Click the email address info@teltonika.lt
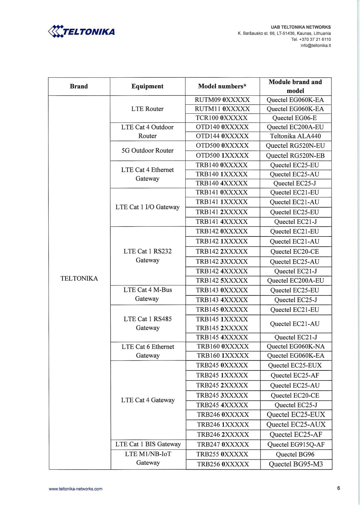(x=316, y=46)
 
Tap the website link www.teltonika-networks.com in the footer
(x=76, y=489)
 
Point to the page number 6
(x=338, y=488)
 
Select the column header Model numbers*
(x=222, y=86)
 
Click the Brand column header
(x=79, y=86)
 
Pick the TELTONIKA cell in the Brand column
(x=79, y=279)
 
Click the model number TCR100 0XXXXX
(x=221, y=118)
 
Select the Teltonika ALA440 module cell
(x=295, y=136)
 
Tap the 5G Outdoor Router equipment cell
(x=147, y=151)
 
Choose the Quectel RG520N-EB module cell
(x=295, y=156)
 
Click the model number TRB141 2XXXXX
(x=221, y=212)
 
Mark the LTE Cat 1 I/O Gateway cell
(x=147, y=207)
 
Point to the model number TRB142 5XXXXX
(x=221, y=280)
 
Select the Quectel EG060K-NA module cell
(x=295, y=347)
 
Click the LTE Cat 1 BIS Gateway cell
(x=148, y=444)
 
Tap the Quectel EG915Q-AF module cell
(x=296, y=445)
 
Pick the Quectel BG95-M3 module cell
(x=296, y=464)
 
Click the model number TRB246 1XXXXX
(x=223, y=425)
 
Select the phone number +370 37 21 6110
(x=315, y=40)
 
